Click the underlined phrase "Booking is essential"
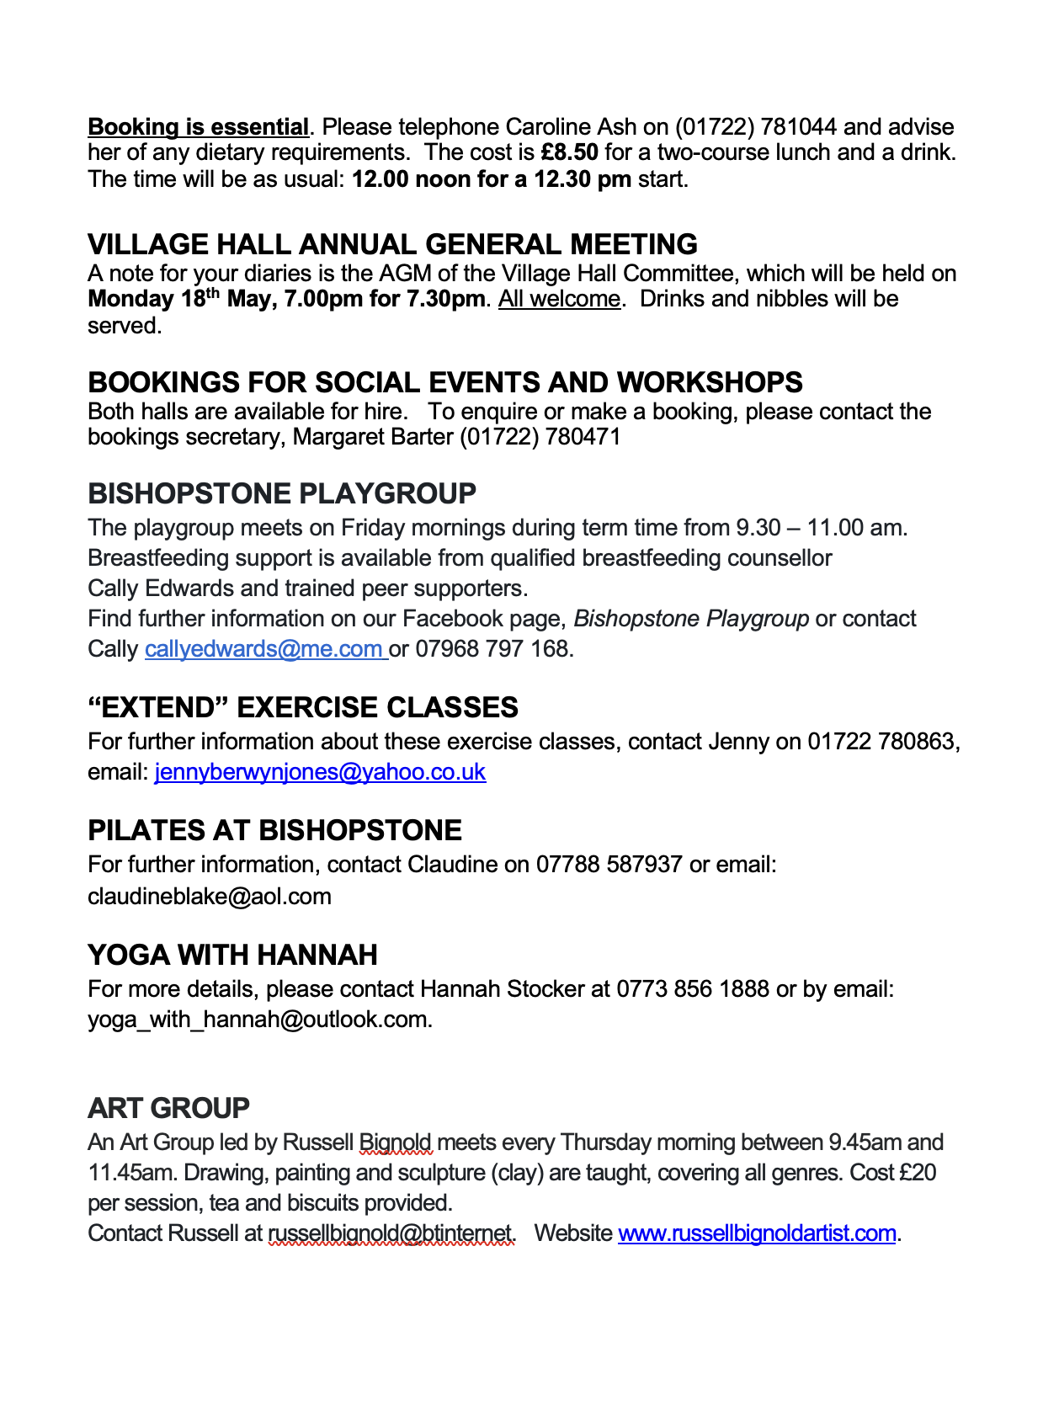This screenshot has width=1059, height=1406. coord(198,127)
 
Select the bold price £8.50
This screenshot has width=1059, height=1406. coord(569,153)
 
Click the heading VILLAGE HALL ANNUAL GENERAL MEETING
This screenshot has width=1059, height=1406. coord(392,244)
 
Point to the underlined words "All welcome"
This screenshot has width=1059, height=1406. coord(559,299)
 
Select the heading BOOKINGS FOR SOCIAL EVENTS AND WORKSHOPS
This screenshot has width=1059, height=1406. coord(444,382)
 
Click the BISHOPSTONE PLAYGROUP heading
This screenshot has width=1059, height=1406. coord(281,493)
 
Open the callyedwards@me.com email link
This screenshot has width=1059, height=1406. coord(264,649)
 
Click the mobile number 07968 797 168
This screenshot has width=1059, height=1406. coord(493,649)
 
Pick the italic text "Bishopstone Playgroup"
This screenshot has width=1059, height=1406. coord(691,619)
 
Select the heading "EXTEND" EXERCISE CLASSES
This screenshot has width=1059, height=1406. coord(303,707)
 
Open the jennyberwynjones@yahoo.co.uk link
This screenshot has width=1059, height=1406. coord(320,772)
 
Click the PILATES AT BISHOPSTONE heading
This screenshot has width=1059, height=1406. coord(274,830)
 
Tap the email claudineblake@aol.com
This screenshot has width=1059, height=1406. coord(210,897)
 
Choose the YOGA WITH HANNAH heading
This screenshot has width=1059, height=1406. coord(232,955)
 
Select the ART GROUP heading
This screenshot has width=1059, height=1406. coord(168,1108)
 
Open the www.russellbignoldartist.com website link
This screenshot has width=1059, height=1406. coord(756,1233)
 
